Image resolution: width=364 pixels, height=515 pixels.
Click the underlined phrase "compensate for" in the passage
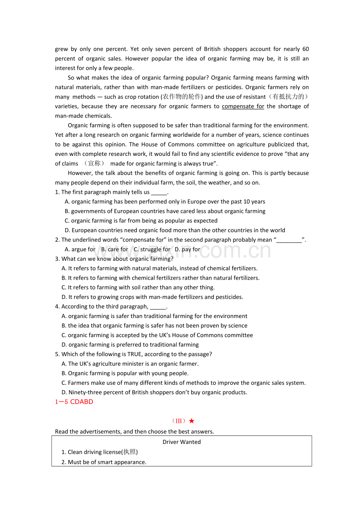(x=243, y=106)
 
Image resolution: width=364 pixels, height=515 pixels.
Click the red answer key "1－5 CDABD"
(x=74, y=402)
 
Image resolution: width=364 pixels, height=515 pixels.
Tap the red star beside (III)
(x=191, y=421)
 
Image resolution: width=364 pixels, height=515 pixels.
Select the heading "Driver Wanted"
(x=182, y=442)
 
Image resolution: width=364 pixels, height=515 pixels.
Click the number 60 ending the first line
(x=305, y=49)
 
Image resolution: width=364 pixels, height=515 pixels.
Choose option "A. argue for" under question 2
(x=80, y=249)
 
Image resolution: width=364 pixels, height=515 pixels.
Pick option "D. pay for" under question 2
(x=187, y=249)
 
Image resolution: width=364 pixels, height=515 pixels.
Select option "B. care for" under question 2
(x=114, y=249)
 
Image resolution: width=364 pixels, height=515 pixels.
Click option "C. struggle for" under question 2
(x=152, y=249)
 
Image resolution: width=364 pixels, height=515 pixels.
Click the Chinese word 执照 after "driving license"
(x=129, y=452)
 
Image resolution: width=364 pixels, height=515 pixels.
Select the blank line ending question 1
(x=159, y=193)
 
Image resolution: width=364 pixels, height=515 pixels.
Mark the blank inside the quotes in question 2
(x=289, y=240)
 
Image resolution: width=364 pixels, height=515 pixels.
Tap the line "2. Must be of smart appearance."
(x=104, y=462)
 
